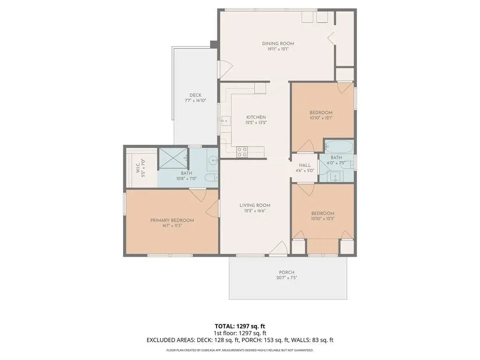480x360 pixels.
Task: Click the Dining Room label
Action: coord(278,44)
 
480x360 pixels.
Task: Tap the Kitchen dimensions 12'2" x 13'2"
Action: coord(256,122)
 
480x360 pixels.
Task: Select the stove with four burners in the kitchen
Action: coord(242,152)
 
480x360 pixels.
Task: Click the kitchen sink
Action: coord(226,121)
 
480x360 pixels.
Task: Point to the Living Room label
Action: coord(255,205)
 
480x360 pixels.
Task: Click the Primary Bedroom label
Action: coord(172,220)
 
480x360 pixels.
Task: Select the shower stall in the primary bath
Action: coord(173,158)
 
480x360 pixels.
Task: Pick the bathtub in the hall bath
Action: coord(339,146)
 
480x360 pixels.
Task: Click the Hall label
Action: coord(305,165)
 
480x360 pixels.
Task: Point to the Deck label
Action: coord(195,95)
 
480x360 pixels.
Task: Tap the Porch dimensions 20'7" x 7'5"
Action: coord(286,278)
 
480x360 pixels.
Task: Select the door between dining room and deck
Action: coord(225,69)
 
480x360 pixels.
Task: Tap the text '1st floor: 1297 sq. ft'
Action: coord(240,333)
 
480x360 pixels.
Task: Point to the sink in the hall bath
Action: coord(336,177)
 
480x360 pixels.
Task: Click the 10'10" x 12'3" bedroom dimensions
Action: coord(322,218)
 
